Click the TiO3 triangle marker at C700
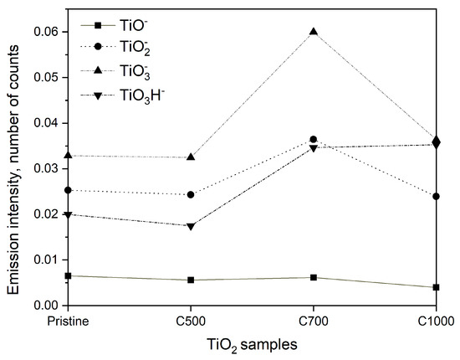coord(313,32)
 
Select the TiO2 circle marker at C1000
coord(436,197)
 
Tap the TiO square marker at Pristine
coord(68,275)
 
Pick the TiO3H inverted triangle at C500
coord(191,226)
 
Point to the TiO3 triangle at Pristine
coord(68,156)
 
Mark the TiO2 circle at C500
coord(191,194)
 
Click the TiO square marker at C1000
coord(436,287)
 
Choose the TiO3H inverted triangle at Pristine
coord(68,214)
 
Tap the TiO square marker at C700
coord(313,277)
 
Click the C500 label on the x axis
coord(191,321)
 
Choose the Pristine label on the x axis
coord(68,321)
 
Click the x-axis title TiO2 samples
coord(252,344)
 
